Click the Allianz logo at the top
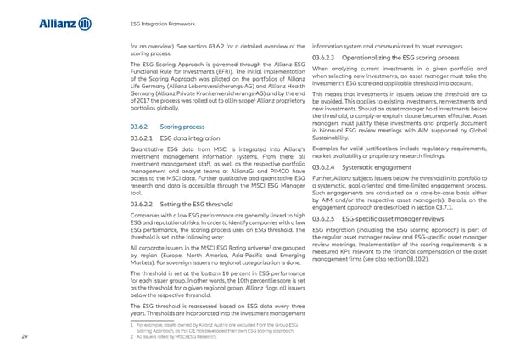coord(64,23)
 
